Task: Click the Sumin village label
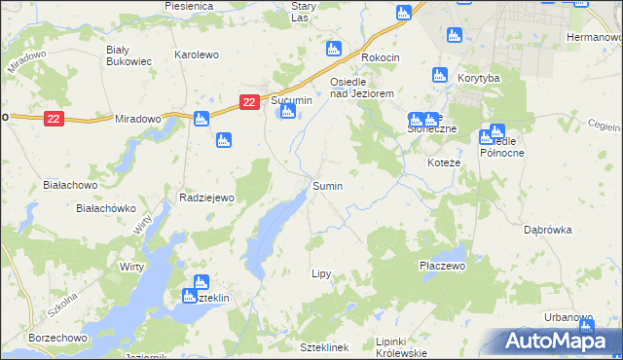[327, 185]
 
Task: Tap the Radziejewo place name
[207, 198]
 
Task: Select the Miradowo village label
[137, 118]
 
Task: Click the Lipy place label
[321, 274]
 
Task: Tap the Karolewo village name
[196, 55]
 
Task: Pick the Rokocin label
[381, 57]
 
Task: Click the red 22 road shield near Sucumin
[250, 102]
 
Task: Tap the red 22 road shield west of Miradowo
[54, 119]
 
